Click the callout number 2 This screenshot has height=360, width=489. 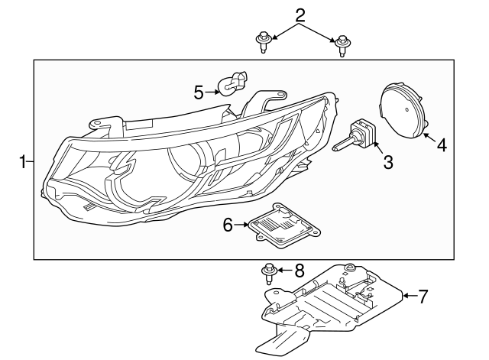pyautogui.click(x=300, y=15)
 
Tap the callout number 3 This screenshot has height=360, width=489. pyautogui.click(x=387, y=162)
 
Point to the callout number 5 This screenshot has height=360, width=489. pyautogui.click(x=199, y=92)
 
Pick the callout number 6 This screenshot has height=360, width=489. pyautogui.click(x=227, y=225)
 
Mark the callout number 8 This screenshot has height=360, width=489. pyautogui.click(x=299, y=270)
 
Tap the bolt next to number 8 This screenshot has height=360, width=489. pyautogui.click(x=270, y=272)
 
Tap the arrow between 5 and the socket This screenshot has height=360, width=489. pyautogui.click(x=213, y=91)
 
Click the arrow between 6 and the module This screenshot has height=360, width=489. pyautogui.click(x=243, y=225)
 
